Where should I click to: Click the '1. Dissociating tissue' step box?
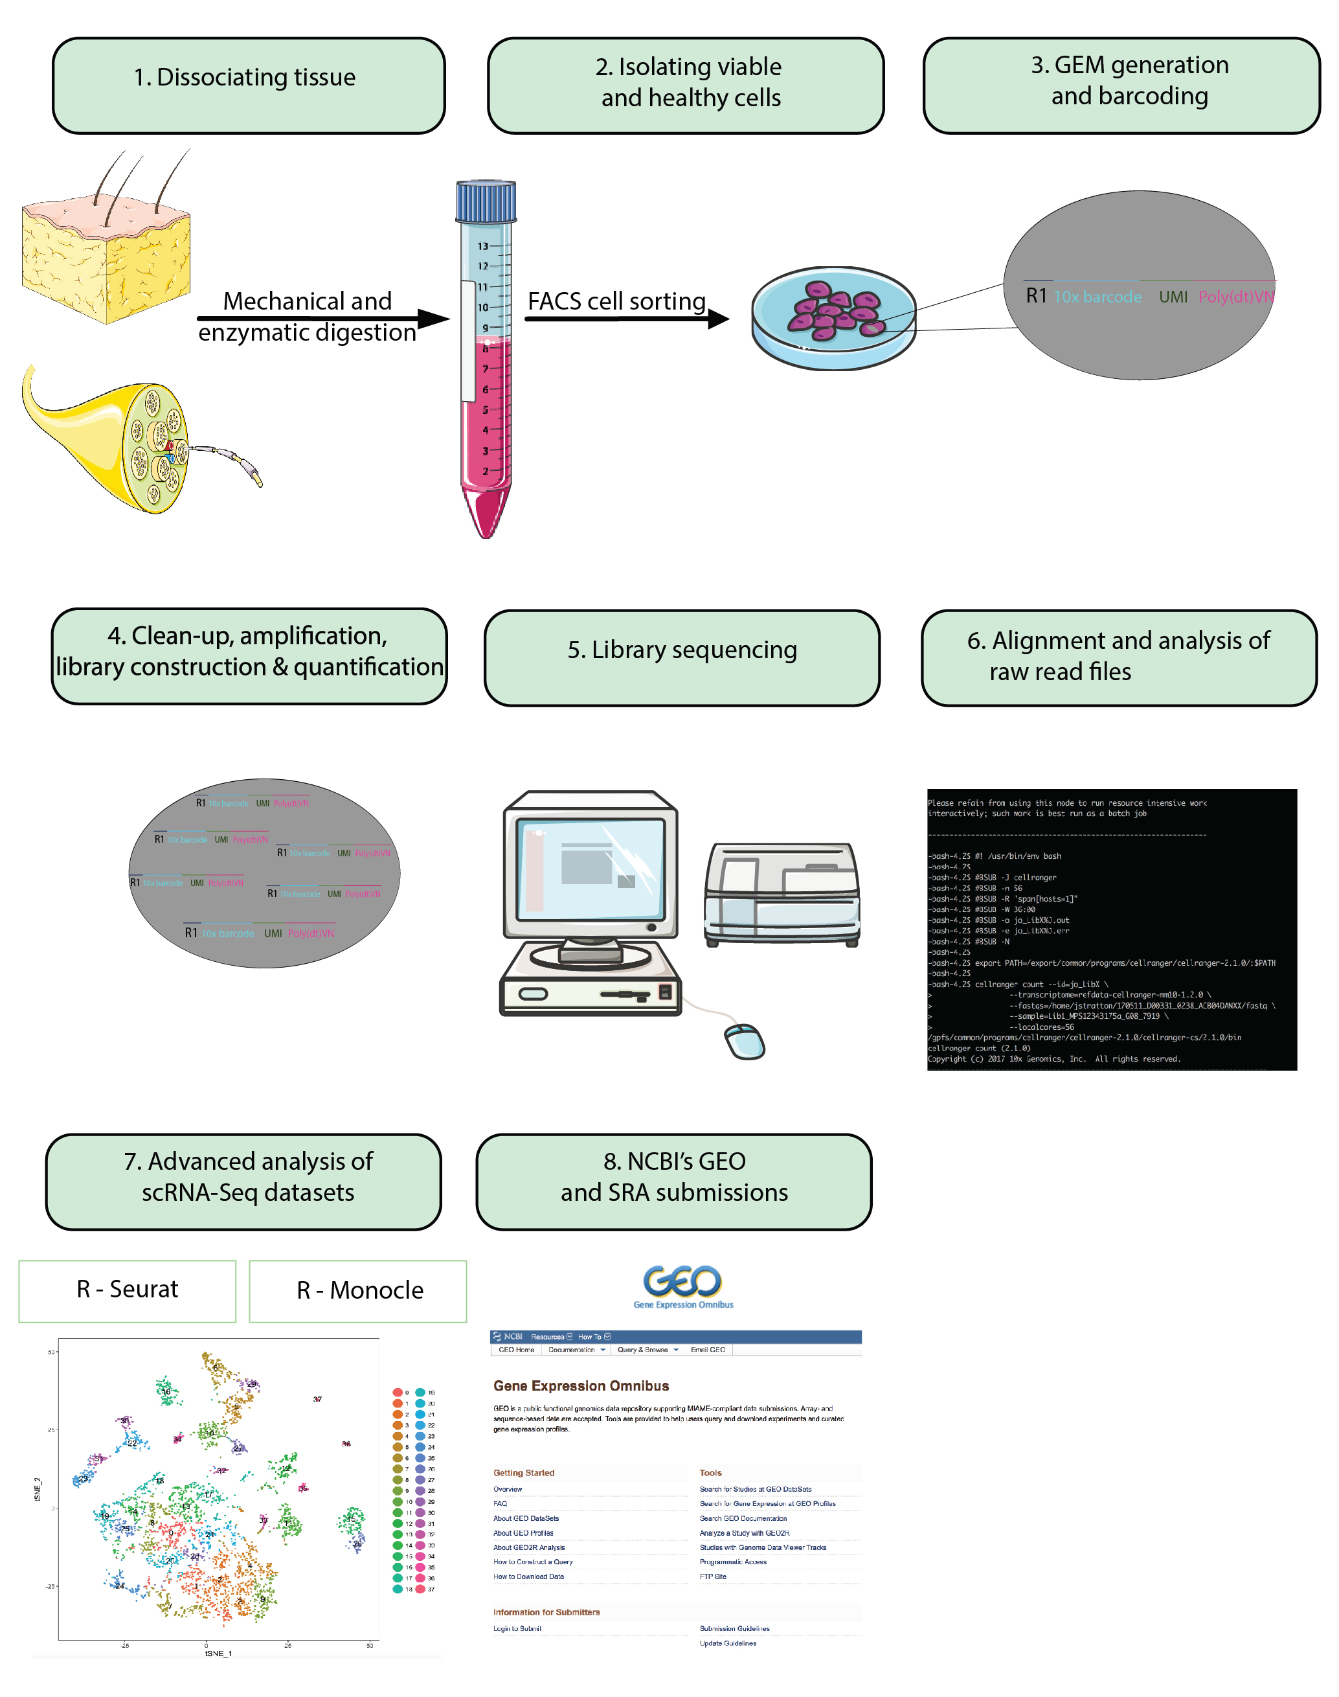click(x=249, y=85)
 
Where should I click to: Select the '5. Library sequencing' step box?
click(x=681, y=658)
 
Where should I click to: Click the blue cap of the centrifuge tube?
click(x=486, y=201)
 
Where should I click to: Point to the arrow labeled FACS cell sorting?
click(x=627, y=319)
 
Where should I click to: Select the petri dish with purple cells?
click(x=833, y=317)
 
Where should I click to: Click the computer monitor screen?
click(x=590, y=867)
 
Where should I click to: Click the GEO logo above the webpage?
click(x=682, y=1284)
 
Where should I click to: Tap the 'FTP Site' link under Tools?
click(x=713, y=1577)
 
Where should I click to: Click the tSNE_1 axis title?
click(x=218, y=1653)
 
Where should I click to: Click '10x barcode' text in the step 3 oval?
click(x=1097, y=297)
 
